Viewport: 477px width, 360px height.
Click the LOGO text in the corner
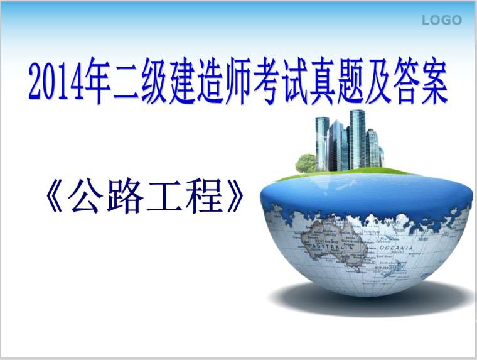click(x=441, y=20)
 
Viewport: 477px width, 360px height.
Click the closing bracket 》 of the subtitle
click(x=233, y=199)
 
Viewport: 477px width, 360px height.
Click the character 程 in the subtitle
click(x=205, y=199)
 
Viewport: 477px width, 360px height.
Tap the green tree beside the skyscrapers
click(x=306, y=163)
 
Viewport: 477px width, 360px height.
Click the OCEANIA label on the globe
click(x=395, y=249)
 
